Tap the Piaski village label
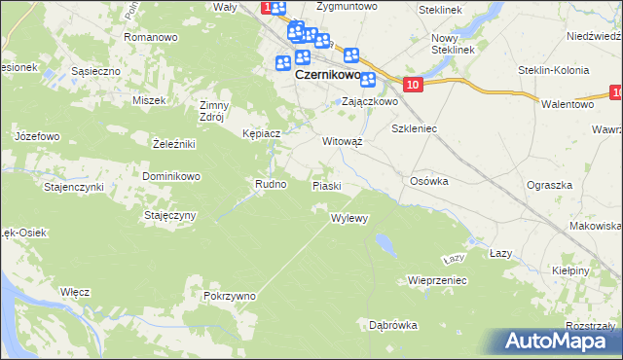326,185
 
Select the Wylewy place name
349,218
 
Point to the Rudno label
270,184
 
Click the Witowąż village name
342,141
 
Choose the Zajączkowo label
370,101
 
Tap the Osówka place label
428,180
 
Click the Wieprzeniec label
438,280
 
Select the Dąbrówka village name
393,324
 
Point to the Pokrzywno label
230,295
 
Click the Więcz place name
75,291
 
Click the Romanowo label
150,37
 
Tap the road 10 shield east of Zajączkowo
414,86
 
